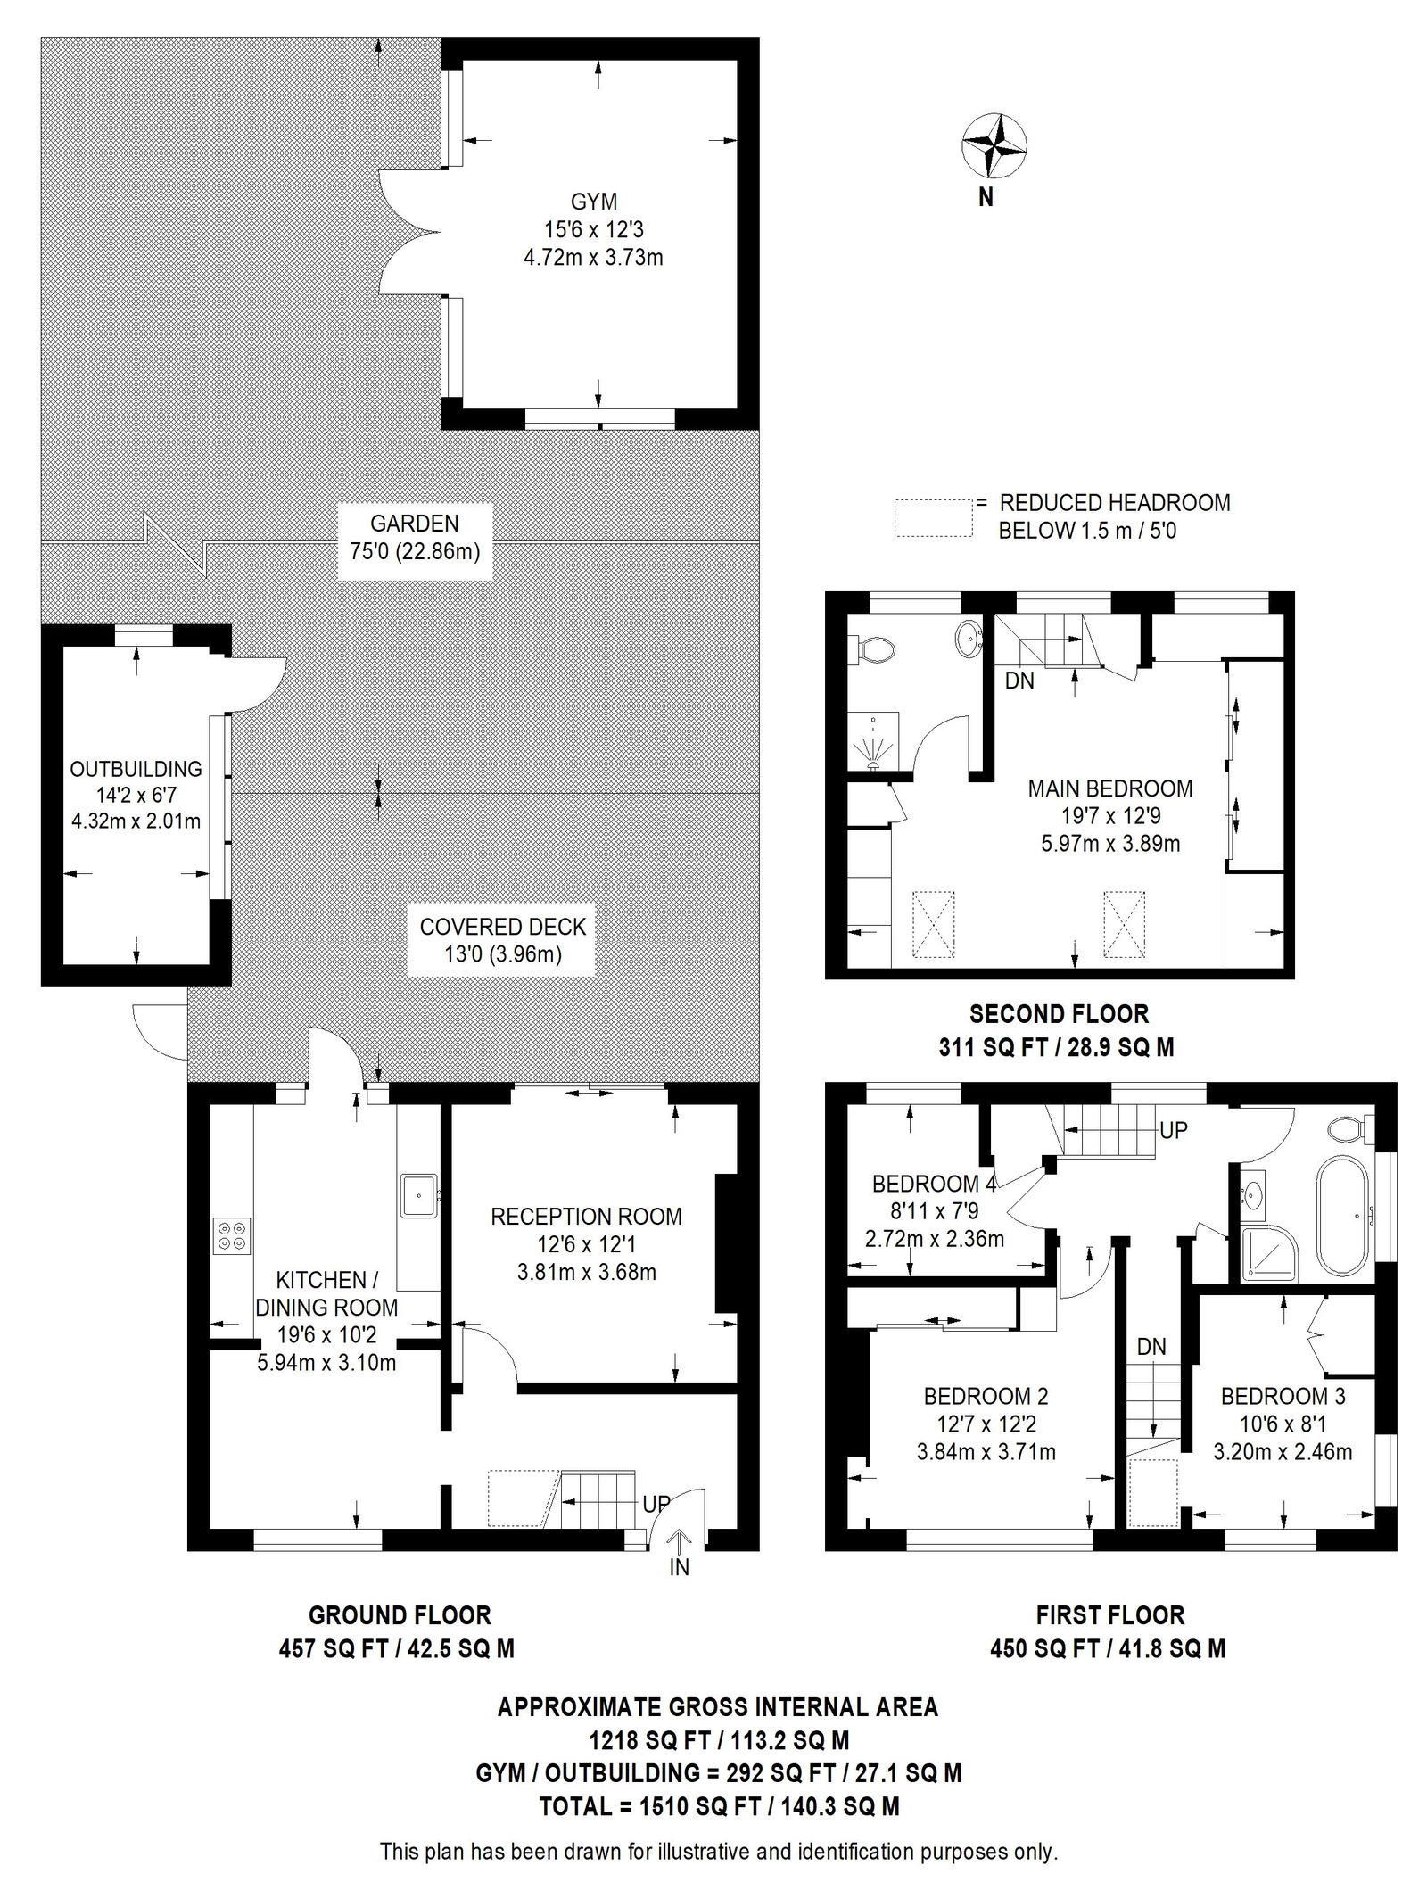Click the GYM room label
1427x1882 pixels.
(595, 202)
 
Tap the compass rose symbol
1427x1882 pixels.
(993, 144)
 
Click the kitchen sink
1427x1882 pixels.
(418, 1196)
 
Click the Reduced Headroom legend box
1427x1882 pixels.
(933, 517)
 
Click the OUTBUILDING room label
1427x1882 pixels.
(136, 769)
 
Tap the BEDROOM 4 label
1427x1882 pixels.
(933, 1185)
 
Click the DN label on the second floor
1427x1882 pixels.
(1019, 681)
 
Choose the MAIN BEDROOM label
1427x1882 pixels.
(1109, 788)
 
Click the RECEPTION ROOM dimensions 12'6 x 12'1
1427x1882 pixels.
(586, 1244)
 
